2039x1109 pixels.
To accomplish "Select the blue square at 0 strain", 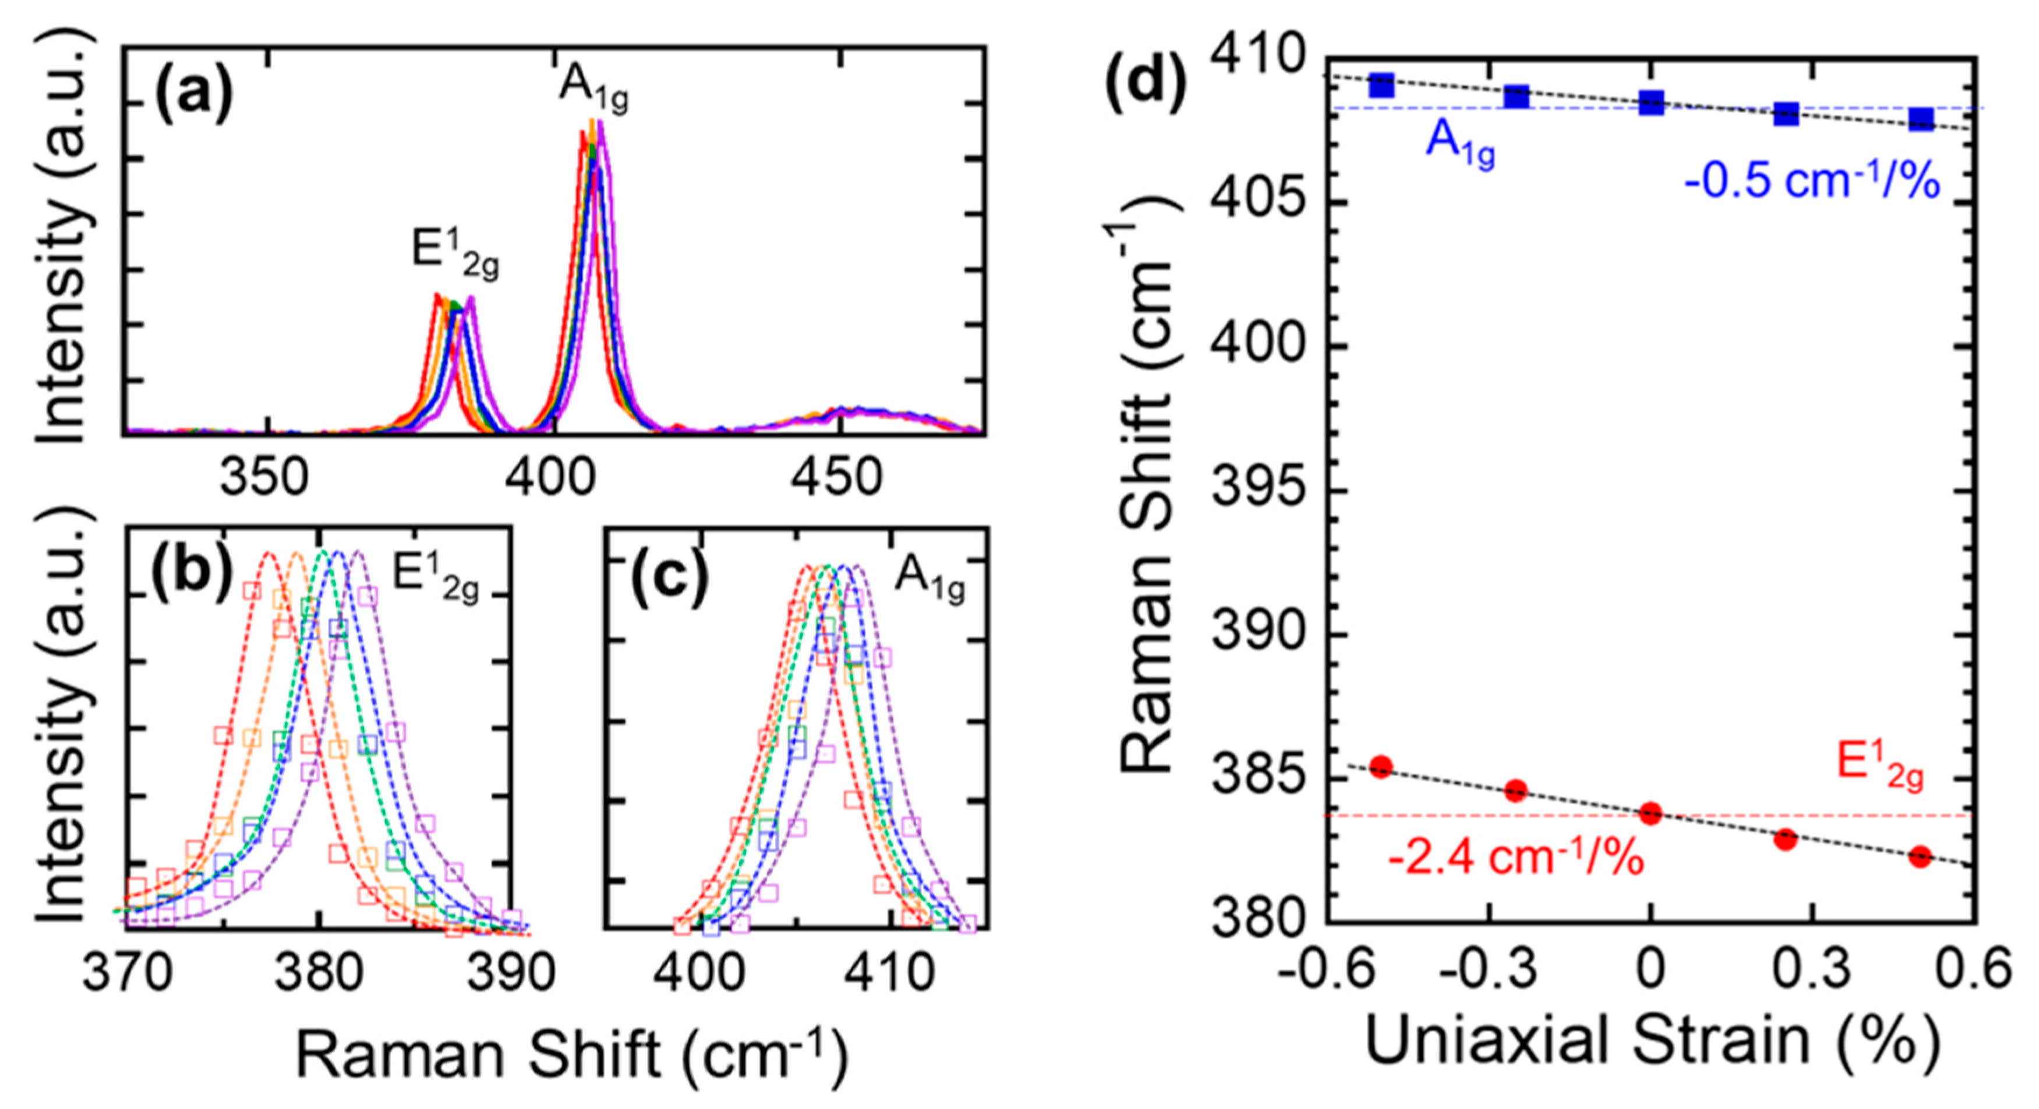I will click(1651, 102).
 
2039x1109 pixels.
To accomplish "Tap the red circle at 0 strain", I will click(1651, 812).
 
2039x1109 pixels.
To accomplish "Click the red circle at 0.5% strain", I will click(1920, 856).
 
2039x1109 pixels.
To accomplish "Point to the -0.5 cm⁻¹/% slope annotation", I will click(1812, 183).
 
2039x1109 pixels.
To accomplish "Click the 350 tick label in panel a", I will click(264, 478).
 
